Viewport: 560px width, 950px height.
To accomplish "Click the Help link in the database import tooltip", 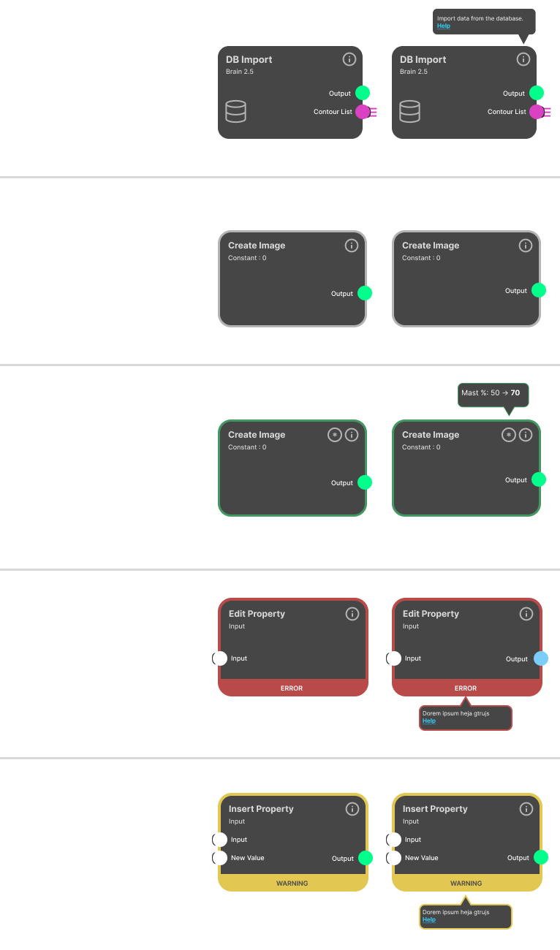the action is click(x=443, y=26).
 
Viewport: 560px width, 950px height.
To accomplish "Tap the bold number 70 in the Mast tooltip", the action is click(x=515, y=392).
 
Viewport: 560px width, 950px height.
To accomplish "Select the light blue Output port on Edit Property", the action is click(x=541, y=658).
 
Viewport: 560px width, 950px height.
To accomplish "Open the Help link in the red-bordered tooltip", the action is click(x=429, y=721).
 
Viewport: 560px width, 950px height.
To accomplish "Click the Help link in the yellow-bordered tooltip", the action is click(x=429, y=919).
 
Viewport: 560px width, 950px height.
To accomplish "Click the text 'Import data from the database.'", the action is click(x=480, y=18).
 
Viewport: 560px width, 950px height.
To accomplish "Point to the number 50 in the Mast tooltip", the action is click(x=495, y=392).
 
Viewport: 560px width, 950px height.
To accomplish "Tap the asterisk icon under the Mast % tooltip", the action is click(x=509, y=435).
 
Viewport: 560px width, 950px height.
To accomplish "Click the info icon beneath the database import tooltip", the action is click(x=523, y=59).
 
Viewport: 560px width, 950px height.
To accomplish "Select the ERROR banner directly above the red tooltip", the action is click(x=466, y=688).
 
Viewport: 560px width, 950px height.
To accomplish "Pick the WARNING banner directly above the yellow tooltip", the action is click(x=466, y=883).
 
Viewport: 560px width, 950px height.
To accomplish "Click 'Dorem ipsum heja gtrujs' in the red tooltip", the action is click(x=455, y=713).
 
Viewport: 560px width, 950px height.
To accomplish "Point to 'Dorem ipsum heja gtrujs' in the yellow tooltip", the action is click(x=455, y=912).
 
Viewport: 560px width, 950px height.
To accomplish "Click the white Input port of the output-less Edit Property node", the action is click(x=220, y=658).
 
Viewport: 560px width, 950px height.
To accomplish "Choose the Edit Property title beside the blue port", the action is click(x=431, y=614).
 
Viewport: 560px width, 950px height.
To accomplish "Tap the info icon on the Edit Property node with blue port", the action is click(x=526, y=614).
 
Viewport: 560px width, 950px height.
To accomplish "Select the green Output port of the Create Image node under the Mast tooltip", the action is click(x=539, y=479).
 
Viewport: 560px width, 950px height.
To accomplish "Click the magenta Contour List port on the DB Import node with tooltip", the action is click(x=537, y=112).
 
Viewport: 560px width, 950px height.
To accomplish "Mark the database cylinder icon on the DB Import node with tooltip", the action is click(x=410, y=111).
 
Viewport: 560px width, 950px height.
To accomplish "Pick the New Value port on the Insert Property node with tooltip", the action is click(x=394, y=857).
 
